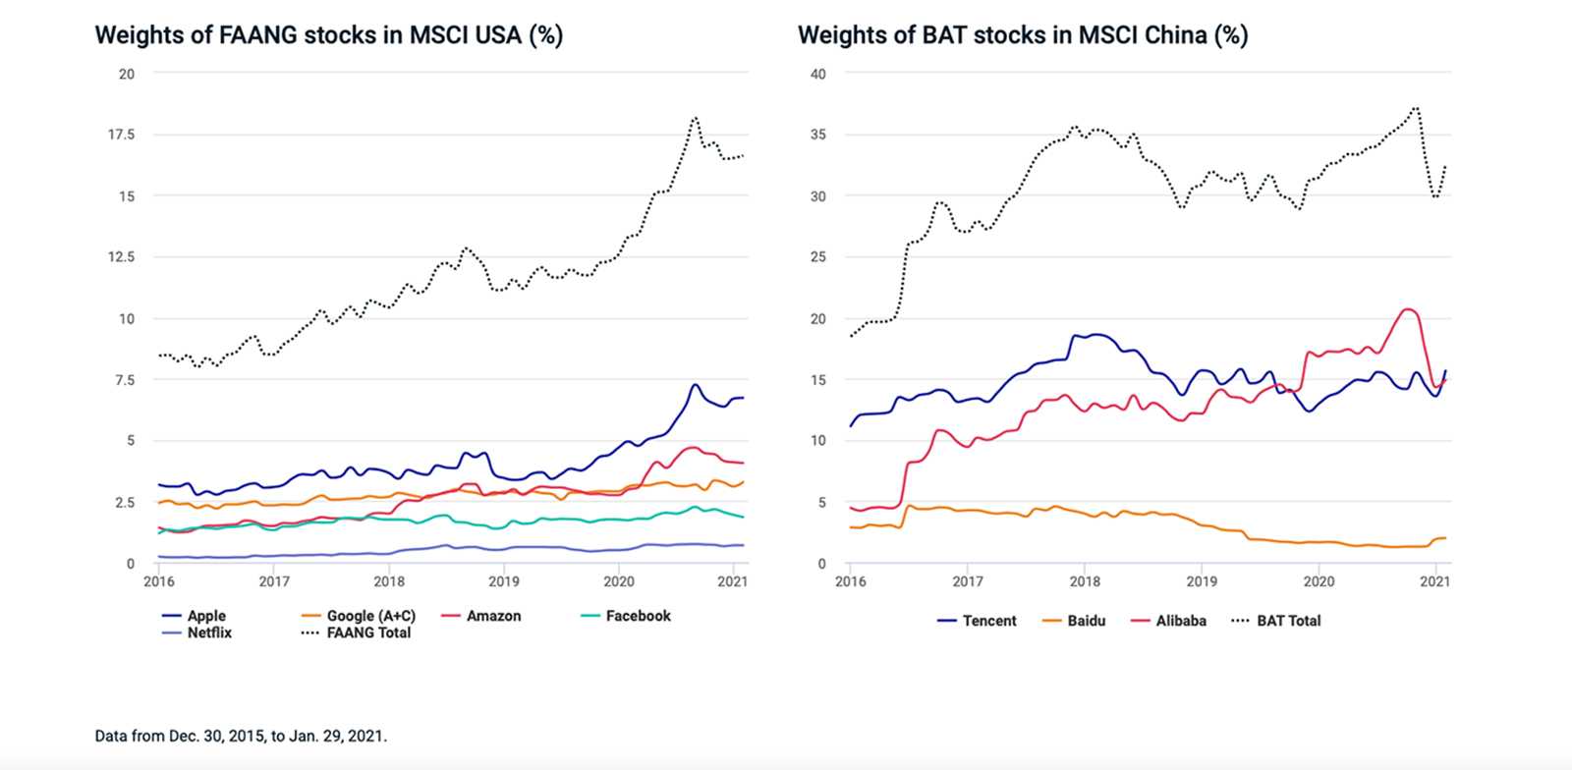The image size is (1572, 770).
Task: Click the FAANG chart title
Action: [328, 35]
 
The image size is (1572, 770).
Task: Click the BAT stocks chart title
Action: [1022, 35]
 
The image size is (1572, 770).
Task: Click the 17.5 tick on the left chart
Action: [122, 135]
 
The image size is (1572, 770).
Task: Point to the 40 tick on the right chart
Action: [817, 74]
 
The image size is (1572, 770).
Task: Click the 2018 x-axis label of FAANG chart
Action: [389, 581]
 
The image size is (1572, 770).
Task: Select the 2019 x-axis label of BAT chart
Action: [1202, 581]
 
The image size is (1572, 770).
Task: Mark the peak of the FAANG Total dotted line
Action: [695, 118]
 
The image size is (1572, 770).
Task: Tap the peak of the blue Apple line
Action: [695, 384]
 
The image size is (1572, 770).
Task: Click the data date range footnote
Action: [241, 736]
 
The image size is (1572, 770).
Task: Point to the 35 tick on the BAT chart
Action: [817, 135]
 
